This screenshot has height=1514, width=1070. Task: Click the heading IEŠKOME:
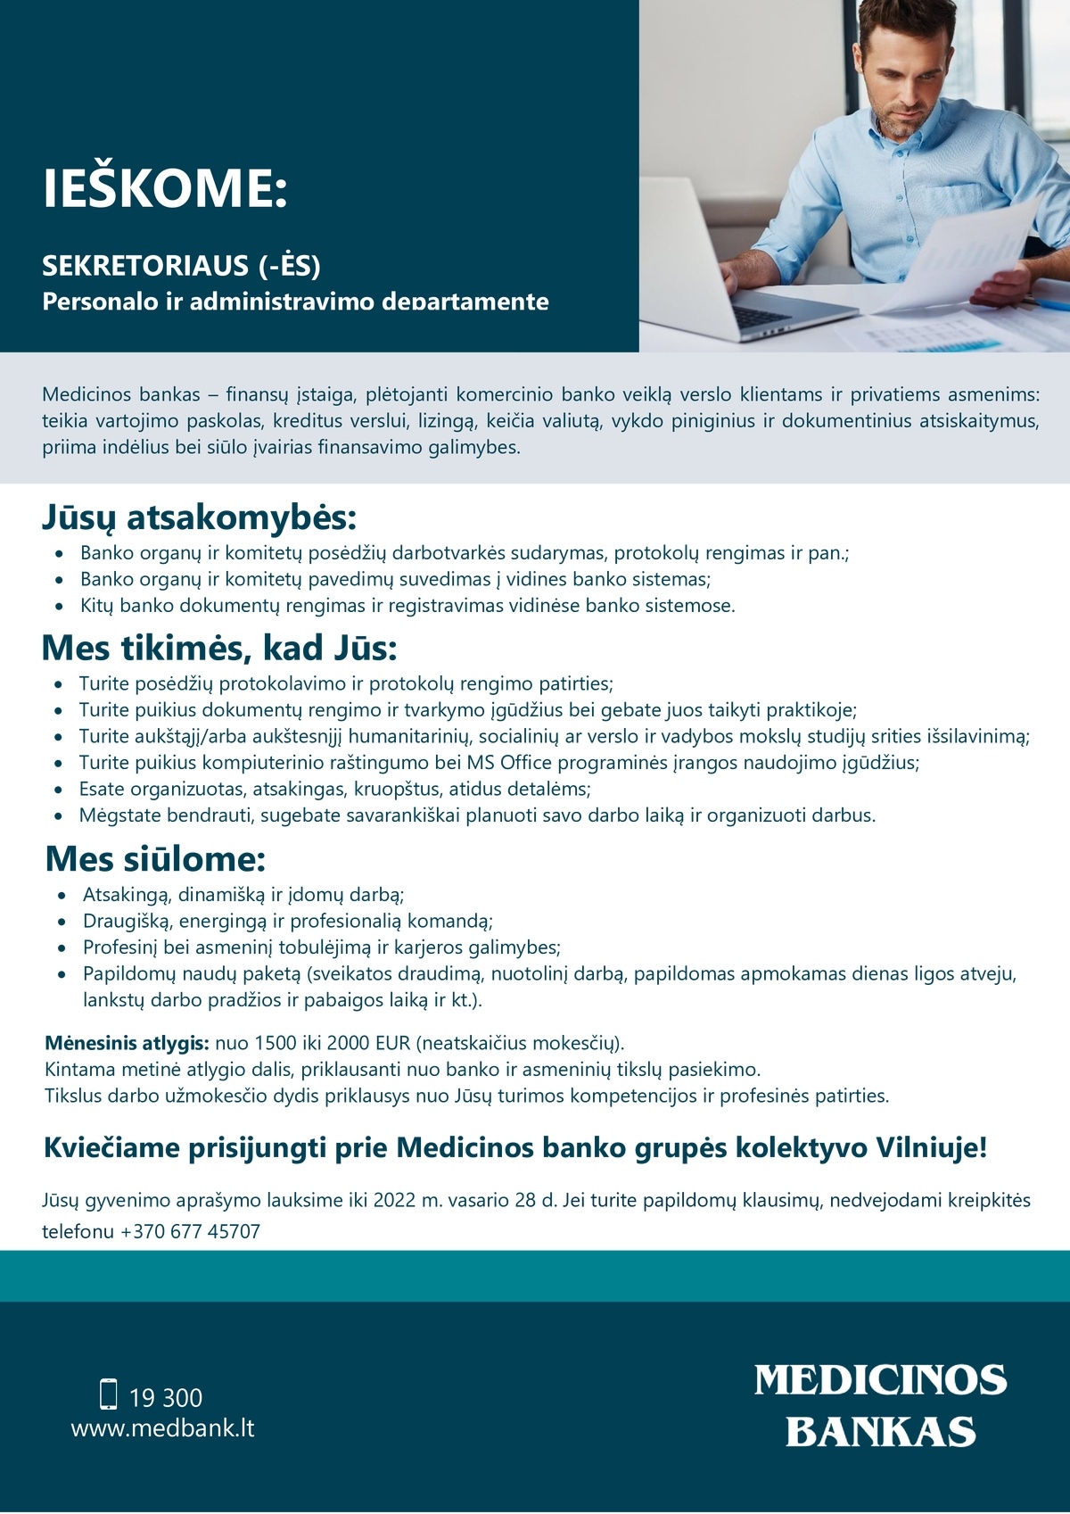point(165,188)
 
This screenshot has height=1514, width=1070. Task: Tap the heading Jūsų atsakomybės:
point(199,517)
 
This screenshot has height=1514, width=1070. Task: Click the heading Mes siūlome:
point(155,859)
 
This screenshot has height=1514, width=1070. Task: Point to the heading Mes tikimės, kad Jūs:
point(219,649)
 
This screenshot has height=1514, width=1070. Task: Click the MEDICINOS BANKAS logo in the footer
point(880,1405)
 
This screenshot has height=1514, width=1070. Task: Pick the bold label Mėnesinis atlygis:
point(127,1044)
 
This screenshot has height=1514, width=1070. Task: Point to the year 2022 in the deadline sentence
point(394,1201)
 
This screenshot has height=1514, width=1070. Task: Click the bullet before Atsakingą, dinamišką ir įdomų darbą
point(62,896)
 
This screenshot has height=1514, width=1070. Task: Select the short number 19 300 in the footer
point(166,1398)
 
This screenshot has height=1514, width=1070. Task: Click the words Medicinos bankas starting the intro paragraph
point(121,395)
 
